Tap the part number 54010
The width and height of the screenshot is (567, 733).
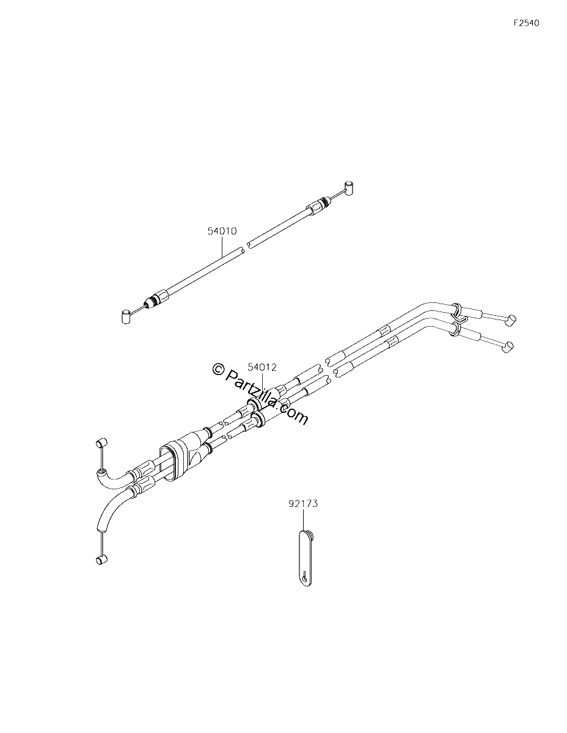click(x=222, y=232)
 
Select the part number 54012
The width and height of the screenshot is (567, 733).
click(x=262, y=367)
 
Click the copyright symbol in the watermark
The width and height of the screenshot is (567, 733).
click(x=219, y=369)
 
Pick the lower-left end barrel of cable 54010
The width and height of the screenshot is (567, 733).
click(x=126, y=316)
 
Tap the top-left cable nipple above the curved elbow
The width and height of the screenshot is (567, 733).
click(x=101, y=442)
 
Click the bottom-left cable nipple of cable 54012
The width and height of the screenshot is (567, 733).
click(x=101, y=560)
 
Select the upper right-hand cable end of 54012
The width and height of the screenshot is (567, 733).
click(x=511, y=319)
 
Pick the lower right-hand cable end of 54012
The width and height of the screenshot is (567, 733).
click(x=507, y=347)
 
